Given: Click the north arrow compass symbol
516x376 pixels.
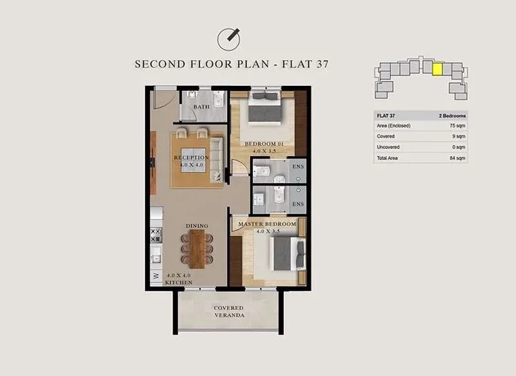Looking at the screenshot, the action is pos(228,39).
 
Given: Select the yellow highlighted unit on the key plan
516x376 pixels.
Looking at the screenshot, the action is pos(437,70).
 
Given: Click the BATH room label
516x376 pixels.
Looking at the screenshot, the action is pos(201,106).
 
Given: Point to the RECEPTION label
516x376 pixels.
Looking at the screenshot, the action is pos(191,157).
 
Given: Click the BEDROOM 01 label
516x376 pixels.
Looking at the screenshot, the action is pos(264,144).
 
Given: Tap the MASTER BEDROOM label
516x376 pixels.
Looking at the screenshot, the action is pos(267,224).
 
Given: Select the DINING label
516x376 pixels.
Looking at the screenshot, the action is pos(197,226).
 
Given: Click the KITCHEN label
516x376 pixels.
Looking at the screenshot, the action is pos(179,282).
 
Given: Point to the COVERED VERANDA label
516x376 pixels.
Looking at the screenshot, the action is pos(229,312).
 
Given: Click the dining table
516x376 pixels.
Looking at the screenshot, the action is pos(197,249).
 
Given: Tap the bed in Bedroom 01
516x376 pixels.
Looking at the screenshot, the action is pos(264,108).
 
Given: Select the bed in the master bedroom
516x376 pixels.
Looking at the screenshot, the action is pos(288,253).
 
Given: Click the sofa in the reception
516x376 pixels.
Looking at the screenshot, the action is pos(216,159).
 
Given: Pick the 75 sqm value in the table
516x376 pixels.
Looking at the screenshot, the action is pos(457,126).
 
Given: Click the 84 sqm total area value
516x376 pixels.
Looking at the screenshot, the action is pos(457,158).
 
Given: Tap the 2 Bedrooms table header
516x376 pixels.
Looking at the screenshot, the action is pos(452,116).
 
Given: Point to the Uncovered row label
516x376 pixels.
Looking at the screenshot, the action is pos(388,147).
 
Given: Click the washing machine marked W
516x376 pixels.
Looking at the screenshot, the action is pos(156,276).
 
